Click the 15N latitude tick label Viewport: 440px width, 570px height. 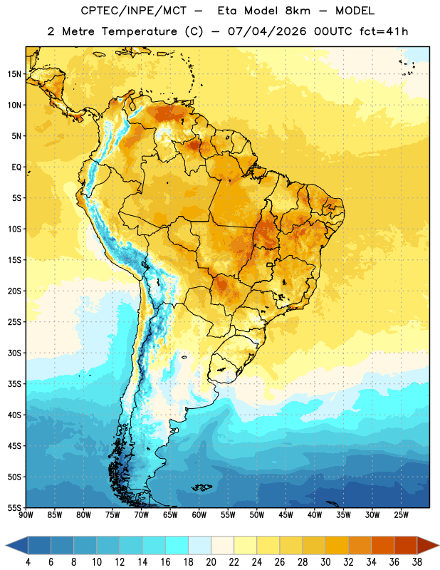pos(14,74)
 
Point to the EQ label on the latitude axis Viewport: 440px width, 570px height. pos(16,167)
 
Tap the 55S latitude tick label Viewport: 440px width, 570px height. pos(14,507)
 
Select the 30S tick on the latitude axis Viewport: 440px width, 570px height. pos(14,353)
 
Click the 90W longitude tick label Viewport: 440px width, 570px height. pos(26,515)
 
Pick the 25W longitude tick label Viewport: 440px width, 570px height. pos(401,515)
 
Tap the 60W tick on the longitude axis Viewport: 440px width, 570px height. pos(199,515)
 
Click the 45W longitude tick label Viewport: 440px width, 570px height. pos(286,515)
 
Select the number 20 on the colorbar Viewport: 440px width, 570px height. pos(211,562)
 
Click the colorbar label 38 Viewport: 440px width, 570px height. pos(417,562)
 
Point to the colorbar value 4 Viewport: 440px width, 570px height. pos(28,562)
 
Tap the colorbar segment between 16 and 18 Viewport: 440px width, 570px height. pos(177,545)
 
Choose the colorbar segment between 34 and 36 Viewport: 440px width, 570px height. pos(383,545)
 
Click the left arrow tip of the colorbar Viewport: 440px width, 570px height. pos(6,545)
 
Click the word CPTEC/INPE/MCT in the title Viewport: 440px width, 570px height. pos(134,11)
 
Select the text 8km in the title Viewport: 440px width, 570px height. pos(298,11)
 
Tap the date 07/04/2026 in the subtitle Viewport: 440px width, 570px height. pos(267,31)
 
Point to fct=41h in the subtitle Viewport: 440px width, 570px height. pos(384,31)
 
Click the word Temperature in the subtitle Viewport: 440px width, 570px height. pos(139,31)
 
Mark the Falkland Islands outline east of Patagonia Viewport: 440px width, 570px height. pos(201,487)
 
